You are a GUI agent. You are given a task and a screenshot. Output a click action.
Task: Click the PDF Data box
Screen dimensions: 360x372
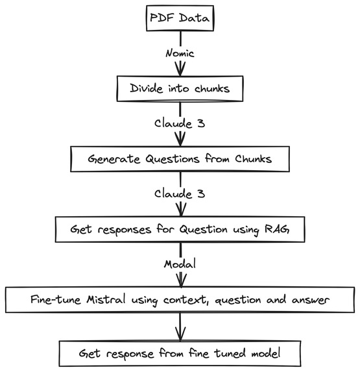[180, 18]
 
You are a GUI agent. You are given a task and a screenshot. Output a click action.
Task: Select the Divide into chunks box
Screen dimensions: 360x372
[180, 89]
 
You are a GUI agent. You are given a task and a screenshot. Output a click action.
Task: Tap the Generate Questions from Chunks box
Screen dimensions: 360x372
[180, 159]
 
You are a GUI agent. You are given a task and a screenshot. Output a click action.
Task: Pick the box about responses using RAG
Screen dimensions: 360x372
[180, 229]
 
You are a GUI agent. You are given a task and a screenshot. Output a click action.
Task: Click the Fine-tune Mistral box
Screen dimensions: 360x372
[180, 300]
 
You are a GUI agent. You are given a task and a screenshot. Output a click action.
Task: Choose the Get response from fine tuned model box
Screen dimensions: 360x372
[180, 353]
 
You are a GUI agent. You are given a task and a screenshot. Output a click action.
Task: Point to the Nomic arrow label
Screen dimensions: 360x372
[180, 53]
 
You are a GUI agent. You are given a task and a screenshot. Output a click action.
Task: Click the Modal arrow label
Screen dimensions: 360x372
[180, 264]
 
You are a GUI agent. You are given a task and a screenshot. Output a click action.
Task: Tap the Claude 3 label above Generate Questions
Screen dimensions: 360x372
[180, 123]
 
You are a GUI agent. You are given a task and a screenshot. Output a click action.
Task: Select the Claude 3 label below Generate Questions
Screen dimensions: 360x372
[180, 194]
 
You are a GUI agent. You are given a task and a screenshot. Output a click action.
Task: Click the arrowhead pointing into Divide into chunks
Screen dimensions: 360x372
[180, 69]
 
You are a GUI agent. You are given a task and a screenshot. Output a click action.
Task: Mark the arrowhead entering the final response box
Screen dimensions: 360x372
[180, 334]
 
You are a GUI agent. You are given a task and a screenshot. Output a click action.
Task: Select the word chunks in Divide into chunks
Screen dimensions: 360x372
[212, 88]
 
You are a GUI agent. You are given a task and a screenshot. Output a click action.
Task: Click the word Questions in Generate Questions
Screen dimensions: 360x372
[173, 158]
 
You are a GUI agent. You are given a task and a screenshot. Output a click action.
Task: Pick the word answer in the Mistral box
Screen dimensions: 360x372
[311, 301]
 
